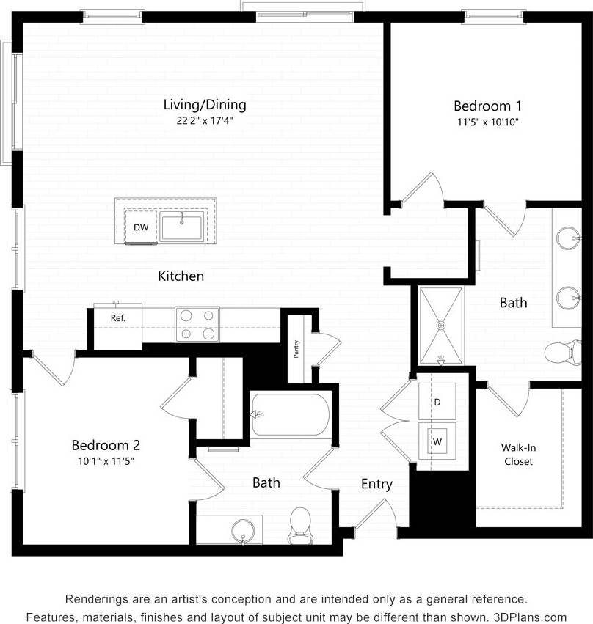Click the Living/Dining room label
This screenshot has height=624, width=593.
(205, 105)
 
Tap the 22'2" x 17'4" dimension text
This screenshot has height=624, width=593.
(205, 121)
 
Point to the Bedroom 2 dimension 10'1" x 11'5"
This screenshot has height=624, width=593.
(106, 461)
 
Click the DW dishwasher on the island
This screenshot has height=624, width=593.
(141, 227)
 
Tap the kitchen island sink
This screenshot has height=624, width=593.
(182, 227)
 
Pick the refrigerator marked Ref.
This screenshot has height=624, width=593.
(117, 317)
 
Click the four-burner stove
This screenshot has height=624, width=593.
(197, 323)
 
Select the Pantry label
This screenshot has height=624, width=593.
(296, 350)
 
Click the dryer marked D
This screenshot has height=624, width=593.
(437, 402)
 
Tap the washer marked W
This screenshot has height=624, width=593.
(437, 441)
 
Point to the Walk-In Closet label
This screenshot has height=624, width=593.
(517, 454)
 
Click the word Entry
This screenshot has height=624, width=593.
(376, 484)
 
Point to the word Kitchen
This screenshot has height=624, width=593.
(181, 276)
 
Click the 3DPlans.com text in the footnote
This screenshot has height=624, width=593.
(533, 617)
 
